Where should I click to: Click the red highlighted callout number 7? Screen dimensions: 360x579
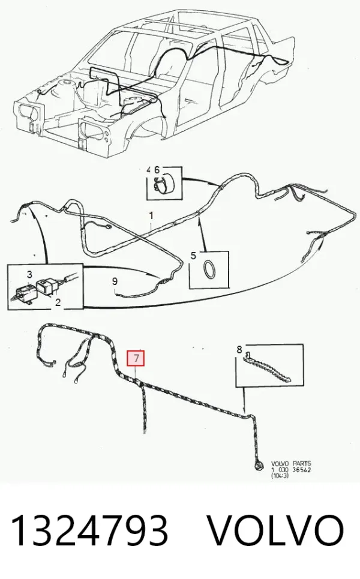coord(136,358)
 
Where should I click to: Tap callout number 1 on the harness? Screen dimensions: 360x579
coord(151,215)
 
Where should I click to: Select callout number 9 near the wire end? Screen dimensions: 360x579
coord(115,281)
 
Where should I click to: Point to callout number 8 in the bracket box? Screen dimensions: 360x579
coord(239,349)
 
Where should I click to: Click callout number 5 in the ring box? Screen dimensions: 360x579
coord(193,256)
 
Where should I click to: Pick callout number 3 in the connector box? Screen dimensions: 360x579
coord(29,274)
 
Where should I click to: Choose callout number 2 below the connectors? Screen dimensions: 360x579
coord(58,302)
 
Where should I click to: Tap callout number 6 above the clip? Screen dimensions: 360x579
coord(157,170)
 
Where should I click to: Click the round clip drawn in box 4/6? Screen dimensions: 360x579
coord(162,184)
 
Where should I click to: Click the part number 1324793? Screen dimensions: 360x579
coord(89,530)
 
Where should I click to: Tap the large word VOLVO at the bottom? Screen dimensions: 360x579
coord(275,530)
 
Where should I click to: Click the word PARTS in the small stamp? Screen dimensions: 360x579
coord(302,463)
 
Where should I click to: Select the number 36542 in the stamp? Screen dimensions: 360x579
coord(301,469)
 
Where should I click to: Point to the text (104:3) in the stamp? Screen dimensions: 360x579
coord(280,476)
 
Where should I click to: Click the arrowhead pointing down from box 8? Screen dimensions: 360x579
coord(244,409)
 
